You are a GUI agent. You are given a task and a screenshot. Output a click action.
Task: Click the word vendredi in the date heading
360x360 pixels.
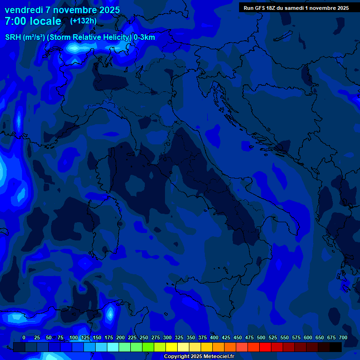[23, 10]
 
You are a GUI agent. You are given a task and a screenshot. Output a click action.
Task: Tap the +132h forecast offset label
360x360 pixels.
[83, 21]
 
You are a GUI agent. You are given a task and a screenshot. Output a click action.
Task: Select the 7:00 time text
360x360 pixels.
[15, 22]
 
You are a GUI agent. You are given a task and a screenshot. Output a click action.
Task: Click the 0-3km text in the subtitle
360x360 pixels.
[144, 37]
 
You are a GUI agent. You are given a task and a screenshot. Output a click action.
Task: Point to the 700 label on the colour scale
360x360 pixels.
[343, 338]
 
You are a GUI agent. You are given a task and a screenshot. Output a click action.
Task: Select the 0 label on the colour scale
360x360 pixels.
[24, 338]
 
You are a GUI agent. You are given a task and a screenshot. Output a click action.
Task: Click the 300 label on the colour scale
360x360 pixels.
[167, 338]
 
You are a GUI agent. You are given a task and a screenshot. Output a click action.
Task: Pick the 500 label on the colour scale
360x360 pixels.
[261, 338]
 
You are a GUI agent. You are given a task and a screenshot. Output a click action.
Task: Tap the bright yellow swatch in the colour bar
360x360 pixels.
[172, 347]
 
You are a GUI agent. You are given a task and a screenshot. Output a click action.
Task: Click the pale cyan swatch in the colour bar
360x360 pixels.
[113, 347]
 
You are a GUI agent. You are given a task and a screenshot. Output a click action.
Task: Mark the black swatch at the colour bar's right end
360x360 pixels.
[336, 347]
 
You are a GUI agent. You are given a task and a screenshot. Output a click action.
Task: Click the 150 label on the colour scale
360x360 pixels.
[97, 338]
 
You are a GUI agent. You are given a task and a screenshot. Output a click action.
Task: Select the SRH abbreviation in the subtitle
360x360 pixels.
[13, 37]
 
